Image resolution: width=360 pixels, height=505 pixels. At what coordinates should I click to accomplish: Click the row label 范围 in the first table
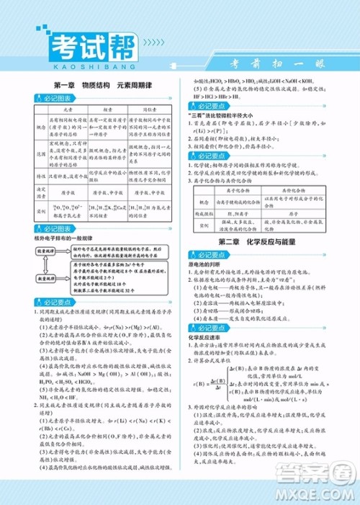pyautogui.click(x=41, y=153)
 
